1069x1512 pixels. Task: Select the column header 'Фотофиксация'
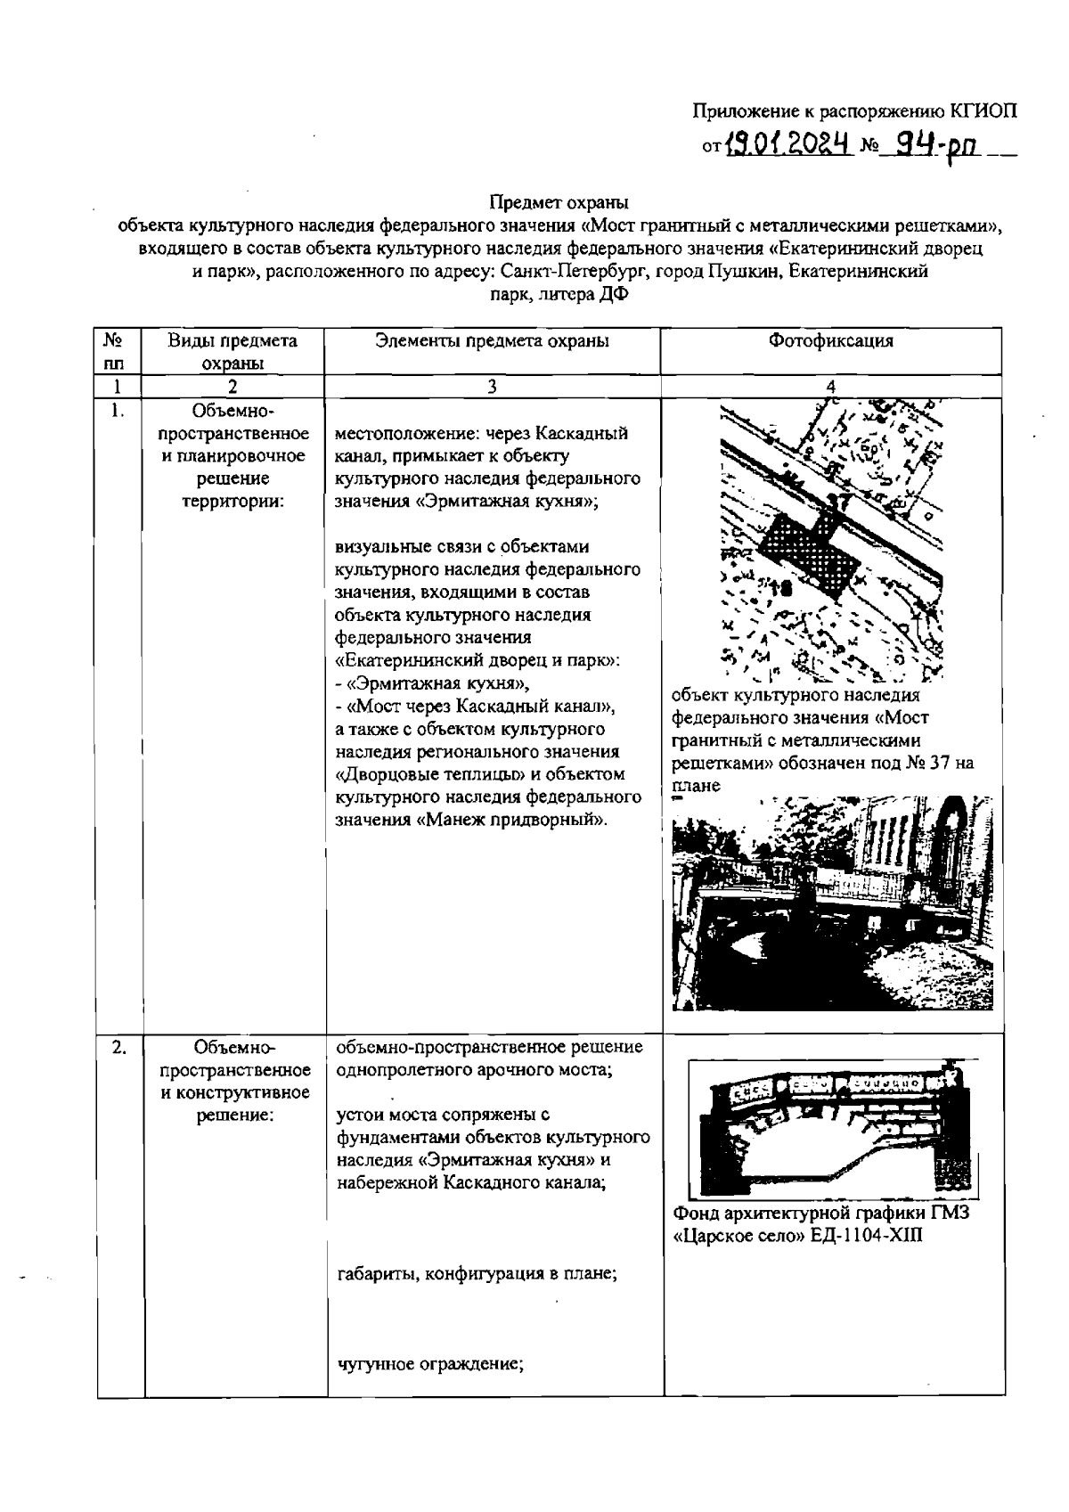click(x=830, y=340)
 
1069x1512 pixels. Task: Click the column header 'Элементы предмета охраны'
click(x=492, y=340)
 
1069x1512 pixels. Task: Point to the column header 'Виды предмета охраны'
click(x=233, y=351)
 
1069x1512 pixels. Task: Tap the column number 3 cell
click(x=492, y=386)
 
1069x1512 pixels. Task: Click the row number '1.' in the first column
click(x=117, y=410)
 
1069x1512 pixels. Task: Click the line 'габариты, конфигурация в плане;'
click(x=477, y=1273)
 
